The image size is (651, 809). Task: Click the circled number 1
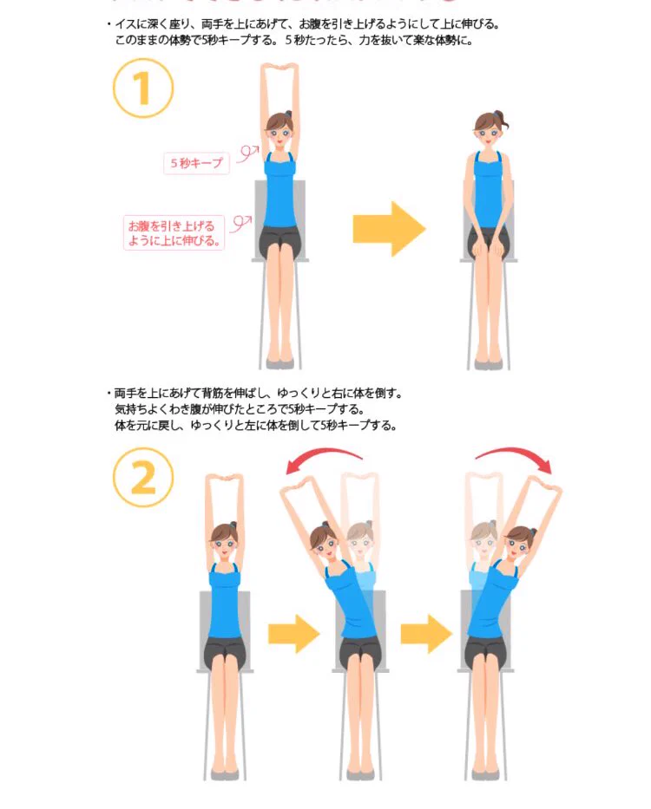[x=143, y=88]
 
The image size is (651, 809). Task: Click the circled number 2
[x=143, y=478]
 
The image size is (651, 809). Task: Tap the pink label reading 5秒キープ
[x=196, y=163]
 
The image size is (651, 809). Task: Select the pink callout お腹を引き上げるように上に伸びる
[x=174, y=232]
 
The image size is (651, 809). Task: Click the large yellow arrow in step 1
[x=389, y=229]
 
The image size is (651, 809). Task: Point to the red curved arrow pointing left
[x=324, y=460]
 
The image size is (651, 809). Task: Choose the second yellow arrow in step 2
[x=426, y=634]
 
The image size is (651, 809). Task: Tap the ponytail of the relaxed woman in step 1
[x=503, y=122]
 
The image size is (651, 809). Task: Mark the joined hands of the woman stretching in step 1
[x=279, y=67]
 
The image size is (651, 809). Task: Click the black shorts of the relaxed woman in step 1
[x=489, y=238]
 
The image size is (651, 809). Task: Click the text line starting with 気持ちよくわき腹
[x=240, y=409]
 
